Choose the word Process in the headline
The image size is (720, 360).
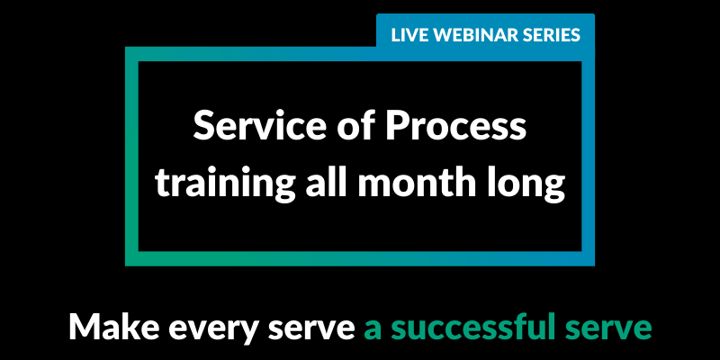[x=456, y=126]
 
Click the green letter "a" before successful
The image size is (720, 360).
[x=373, y=330]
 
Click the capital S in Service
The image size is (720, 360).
[x=203, y=126]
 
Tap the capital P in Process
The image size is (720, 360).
[x=397, y=126]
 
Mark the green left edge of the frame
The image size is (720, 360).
[x=131, y=156]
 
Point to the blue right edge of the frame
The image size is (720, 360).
[x=589, y=156]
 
